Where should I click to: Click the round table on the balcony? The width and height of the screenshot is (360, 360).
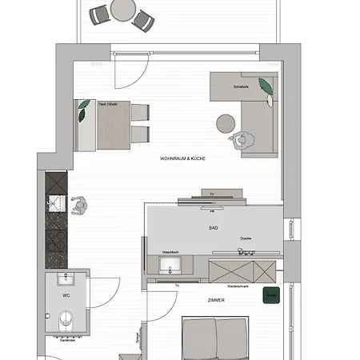point(123,10)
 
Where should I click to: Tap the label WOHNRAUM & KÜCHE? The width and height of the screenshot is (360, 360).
point(183,159)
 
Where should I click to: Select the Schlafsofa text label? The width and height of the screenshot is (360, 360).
point(242,86)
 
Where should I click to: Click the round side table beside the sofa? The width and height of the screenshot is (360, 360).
point(225,122)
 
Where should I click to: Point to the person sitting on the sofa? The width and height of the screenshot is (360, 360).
point(241,139)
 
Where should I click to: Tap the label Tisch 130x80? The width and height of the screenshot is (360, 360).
point(108,104)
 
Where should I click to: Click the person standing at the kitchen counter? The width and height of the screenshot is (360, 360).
point(79,206)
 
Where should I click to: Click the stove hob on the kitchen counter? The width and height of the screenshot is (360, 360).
point(56,238)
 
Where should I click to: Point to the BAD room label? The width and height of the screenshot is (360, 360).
point(214,228)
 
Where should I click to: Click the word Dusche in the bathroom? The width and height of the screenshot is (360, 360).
point(246,238)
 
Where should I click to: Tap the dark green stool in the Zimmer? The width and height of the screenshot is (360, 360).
point(270,297)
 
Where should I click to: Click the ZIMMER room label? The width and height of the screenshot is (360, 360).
point(214,301)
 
